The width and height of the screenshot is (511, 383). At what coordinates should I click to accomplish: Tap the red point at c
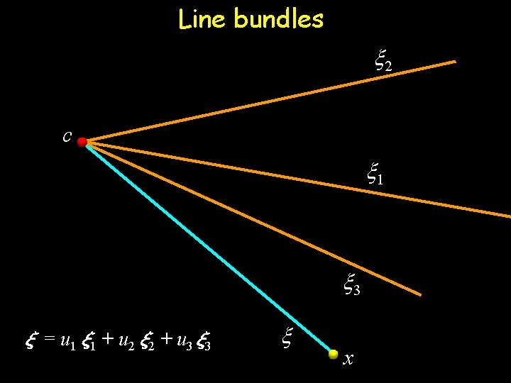point(82,143)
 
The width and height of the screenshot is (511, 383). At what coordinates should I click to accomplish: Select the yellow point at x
point(334,354)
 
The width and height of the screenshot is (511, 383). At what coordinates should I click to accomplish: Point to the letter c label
point(66,136)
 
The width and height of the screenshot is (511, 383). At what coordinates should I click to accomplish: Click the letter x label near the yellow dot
point(348,360)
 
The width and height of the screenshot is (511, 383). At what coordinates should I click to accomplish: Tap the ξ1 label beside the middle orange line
point(375,173)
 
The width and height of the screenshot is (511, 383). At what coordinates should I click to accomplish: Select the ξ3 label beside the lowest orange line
point(351,286)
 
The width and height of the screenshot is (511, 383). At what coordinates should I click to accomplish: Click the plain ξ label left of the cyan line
point(287,337)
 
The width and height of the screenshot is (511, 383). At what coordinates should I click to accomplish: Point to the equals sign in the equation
point(49,342)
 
